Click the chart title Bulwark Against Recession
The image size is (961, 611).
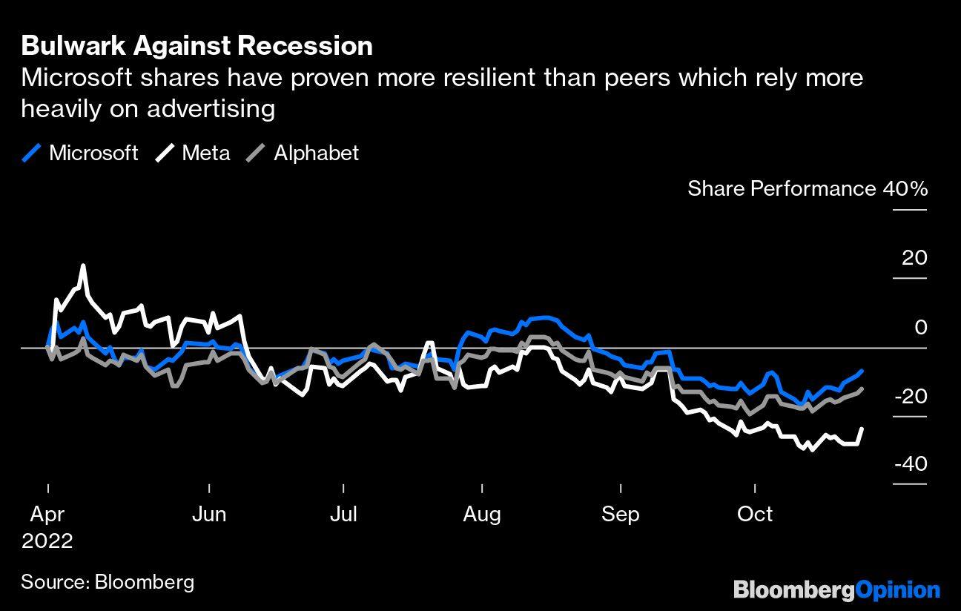(197, 46)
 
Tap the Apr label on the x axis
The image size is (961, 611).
(47, 514)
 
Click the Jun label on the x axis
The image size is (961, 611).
(209, 514)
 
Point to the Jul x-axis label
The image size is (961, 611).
(343, 514)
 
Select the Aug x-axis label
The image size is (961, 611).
(482, 514)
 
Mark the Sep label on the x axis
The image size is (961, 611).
(620, 514)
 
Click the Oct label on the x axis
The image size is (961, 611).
(755, 514)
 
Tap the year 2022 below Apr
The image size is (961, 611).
(47, 541)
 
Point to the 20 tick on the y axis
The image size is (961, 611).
(914, 258)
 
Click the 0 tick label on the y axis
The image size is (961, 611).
(920, 327)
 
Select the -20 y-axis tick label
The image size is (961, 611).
(910, 396)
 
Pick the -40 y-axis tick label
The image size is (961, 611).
(910, 464)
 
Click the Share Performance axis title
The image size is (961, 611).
(782, 188)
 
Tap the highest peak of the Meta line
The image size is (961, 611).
(83, 265)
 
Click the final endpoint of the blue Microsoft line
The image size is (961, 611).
(862, 371)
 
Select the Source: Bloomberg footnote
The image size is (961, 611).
(108, 581)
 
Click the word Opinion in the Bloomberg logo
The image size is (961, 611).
(898, 590)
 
